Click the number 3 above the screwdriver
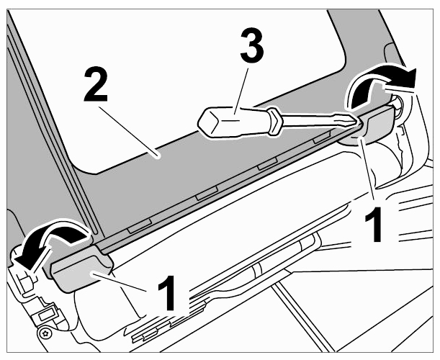pos(252,46)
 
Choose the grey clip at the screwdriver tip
pos(377,125)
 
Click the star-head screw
pos(45,333)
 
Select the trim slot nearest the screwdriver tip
pos(321,138)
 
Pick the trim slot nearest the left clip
pos(140,226)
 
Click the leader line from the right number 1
pos(367,168)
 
